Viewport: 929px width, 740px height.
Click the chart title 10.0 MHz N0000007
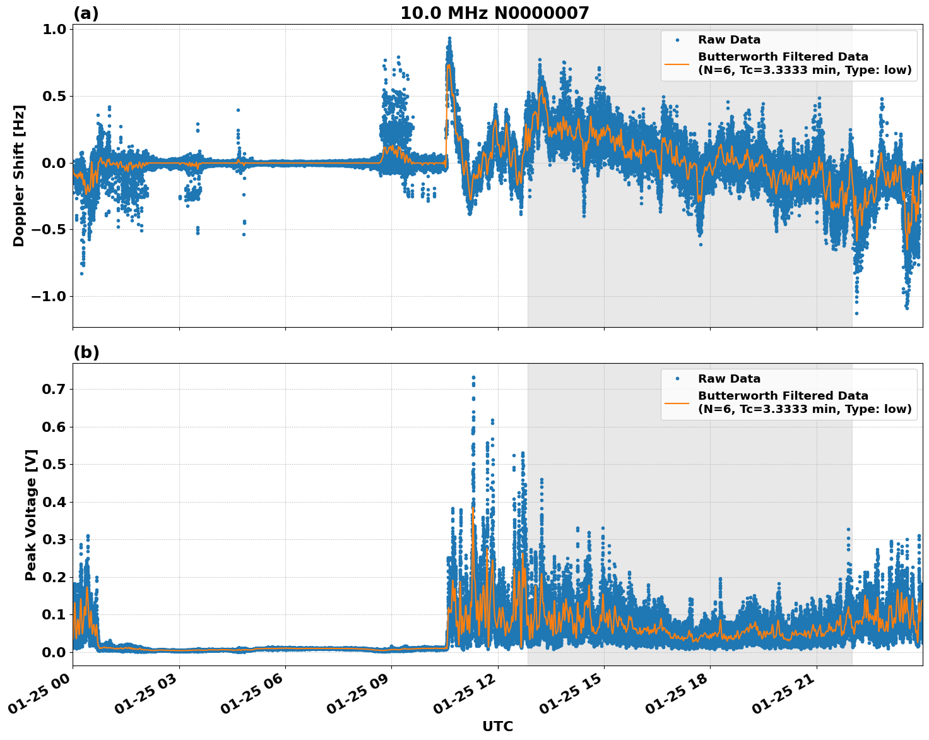coord(494,13)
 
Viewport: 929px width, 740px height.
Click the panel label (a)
coord(86,13)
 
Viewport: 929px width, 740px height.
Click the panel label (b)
coord(86,352)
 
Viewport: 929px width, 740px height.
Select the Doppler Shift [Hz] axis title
coord(19,176)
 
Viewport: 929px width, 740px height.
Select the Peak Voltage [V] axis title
coord(31,515)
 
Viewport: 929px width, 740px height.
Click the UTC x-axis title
coord(497,726)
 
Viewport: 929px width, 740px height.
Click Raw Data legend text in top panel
coord(729,40)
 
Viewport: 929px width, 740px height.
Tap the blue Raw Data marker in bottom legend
coord(677,379)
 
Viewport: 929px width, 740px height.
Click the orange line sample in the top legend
coord(677,63)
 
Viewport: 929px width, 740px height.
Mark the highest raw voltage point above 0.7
coord(473,378)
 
